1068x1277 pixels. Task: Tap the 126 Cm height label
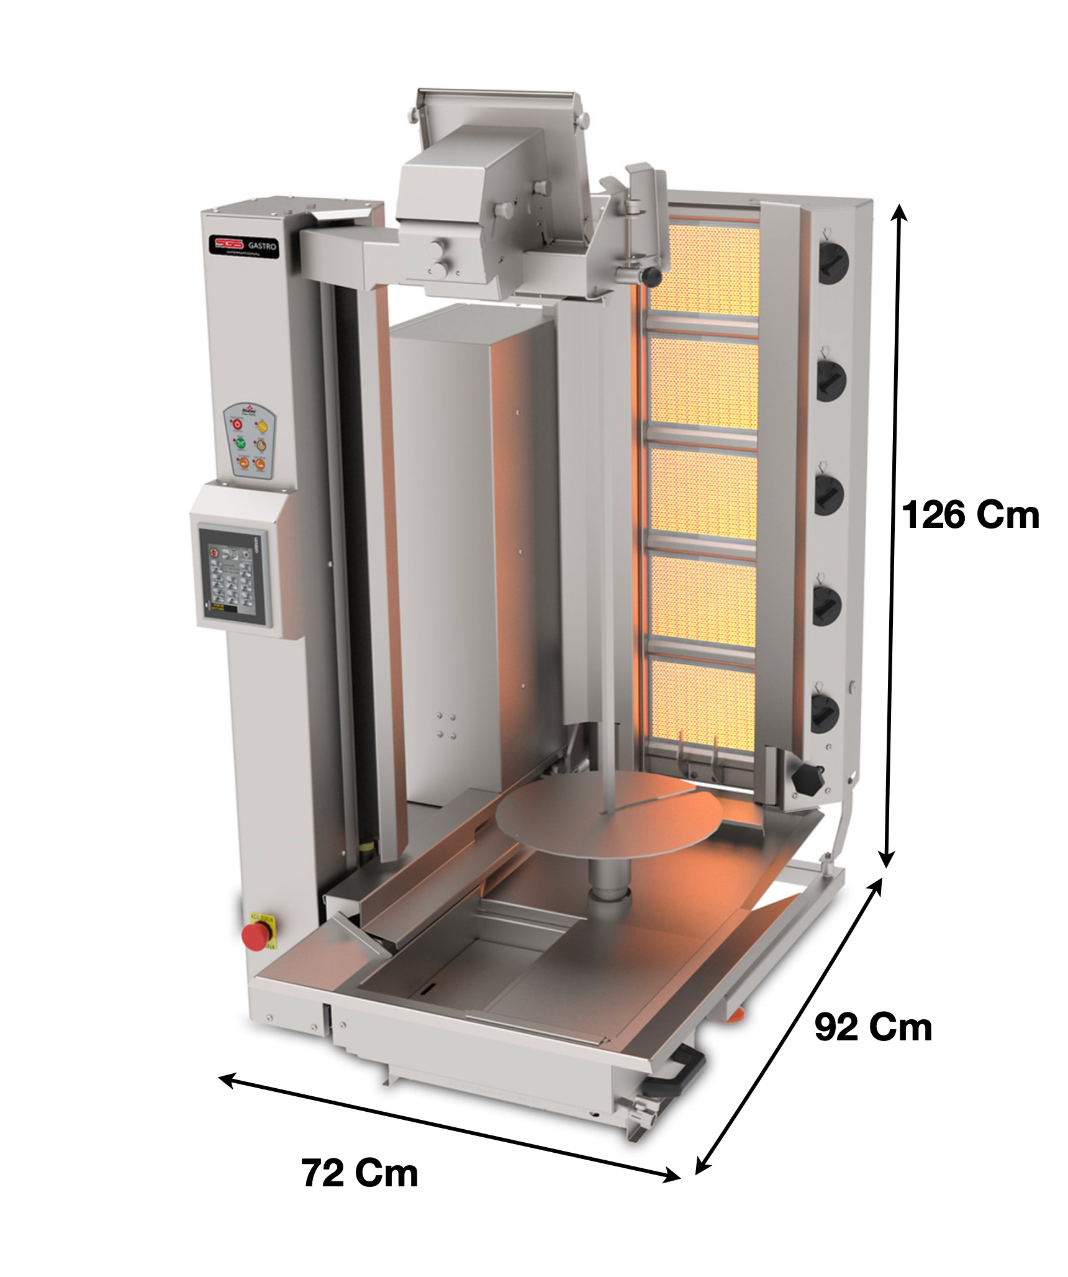point(971,516)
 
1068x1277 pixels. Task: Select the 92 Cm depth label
point(873,1027)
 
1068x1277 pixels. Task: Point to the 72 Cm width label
point(360,1173)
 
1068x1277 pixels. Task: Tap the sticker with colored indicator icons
point(250,440)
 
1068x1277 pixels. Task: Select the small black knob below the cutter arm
point(651,274)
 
